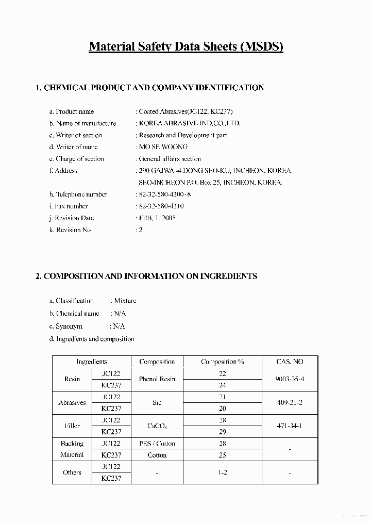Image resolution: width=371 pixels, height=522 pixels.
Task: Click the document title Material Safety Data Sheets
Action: click(186, 46)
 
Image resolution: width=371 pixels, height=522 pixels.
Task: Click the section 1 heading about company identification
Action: click(149, 88)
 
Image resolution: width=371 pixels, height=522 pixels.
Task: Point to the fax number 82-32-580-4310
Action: click(161, 206)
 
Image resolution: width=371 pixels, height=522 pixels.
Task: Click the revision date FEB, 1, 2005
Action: click(157, 218)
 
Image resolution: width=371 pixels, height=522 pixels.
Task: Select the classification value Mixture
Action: click(125, 301)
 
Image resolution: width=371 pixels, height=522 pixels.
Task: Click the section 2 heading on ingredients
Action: click(146, 276)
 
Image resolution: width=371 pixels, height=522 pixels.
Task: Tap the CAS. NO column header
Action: click(290, 362)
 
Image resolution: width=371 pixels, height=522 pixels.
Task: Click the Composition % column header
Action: click(222, 362)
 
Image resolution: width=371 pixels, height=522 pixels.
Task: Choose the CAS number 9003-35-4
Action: click(290, 379)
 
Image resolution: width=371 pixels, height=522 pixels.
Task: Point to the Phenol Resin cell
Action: click(157, 379)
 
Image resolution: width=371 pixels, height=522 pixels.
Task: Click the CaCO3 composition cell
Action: click(157, 426)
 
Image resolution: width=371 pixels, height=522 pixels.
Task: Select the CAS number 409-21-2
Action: click(290, 403)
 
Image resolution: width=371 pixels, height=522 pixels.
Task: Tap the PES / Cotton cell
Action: click(157, 444)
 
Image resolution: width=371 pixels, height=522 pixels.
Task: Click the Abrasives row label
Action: click(72, 403)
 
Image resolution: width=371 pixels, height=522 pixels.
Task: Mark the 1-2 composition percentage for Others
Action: click(222, 472)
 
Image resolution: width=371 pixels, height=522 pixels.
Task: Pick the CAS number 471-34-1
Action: click(290, 426)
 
